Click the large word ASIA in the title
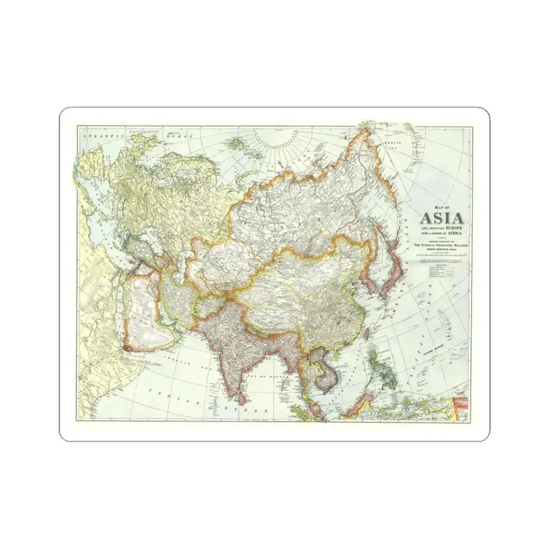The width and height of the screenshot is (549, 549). tap(442, 218)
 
